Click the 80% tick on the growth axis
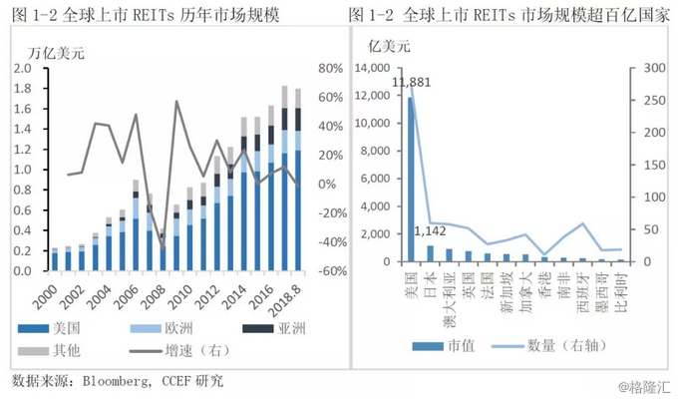click(329, 69)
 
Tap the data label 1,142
click(430, 232)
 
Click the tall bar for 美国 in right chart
click(410, 180)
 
